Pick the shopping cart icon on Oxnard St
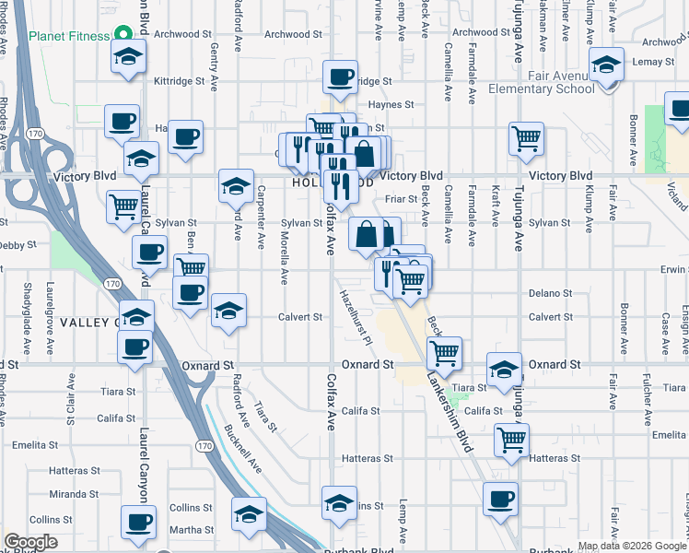click(445, 352)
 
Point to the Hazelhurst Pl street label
click(354, 317)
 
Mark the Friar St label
click(402, 198)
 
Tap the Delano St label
click(550, 293)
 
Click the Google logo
click(31, 542)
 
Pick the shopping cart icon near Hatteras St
click(510, 439)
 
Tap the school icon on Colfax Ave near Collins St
click(339, 503)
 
